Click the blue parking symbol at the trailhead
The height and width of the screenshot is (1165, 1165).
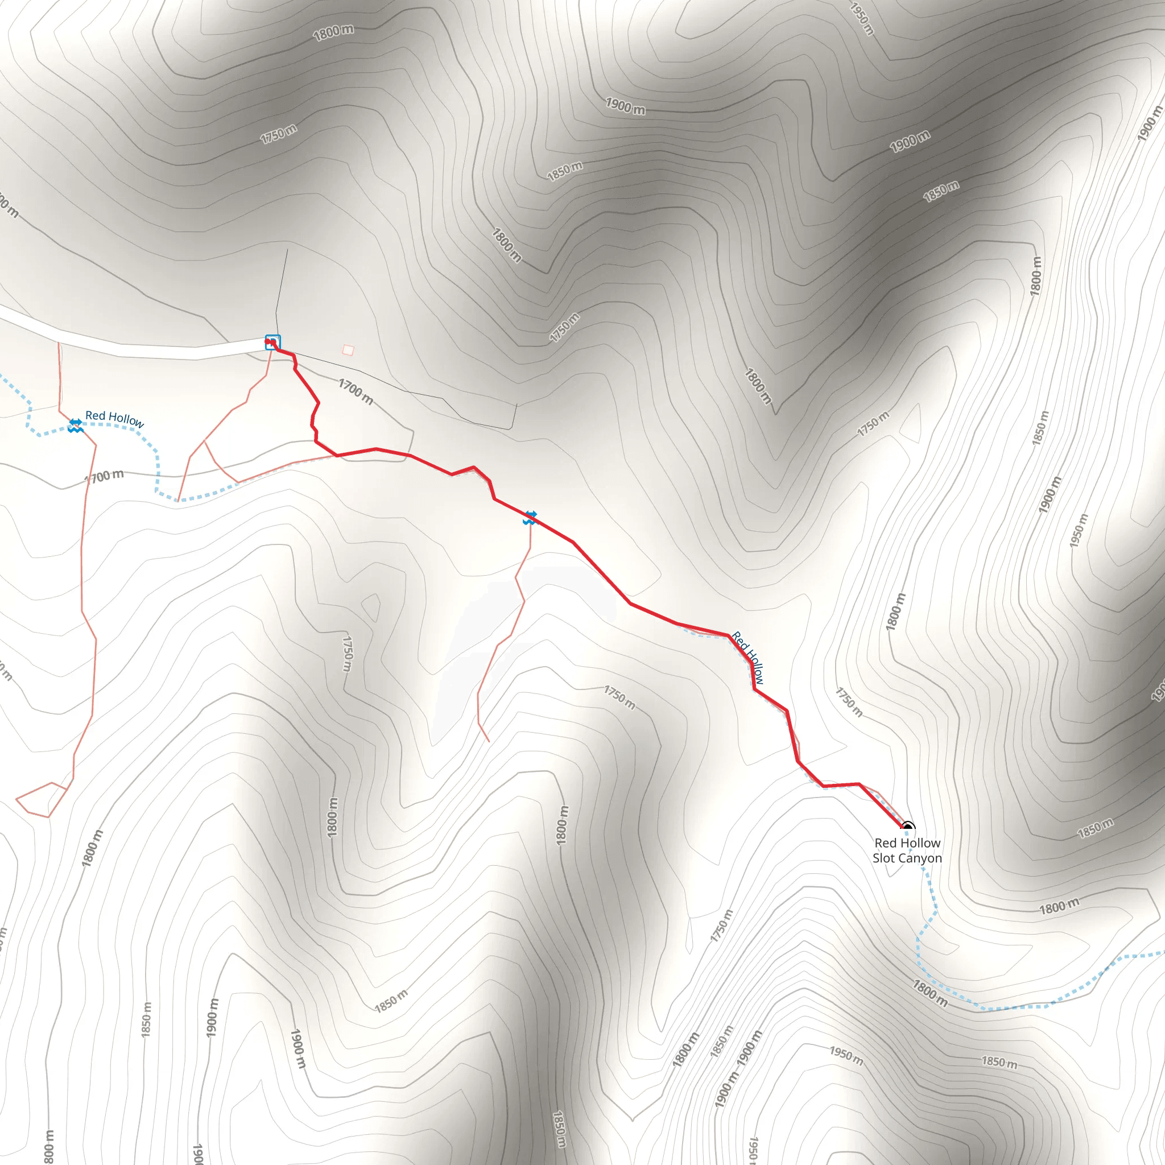(x=272, y=342)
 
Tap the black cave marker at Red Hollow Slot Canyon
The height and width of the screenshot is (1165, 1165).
(x=907, y=827)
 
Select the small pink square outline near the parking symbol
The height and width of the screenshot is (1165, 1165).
(x=348, y=350)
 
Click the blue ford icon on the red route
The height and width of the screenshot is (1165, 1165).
(x=530, y=518)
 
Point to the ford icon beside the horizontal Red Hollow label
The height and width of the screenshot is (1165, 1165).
(x=76, y=425)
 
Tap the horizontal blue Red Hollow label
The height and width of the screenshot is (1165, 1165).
(x=114, y=418)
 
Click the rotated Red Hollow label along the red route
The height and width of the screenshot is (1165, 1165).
(x=747, y=657)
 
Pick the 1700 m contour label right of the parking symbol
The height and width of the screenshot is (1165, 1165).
(x=356, y=391)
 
